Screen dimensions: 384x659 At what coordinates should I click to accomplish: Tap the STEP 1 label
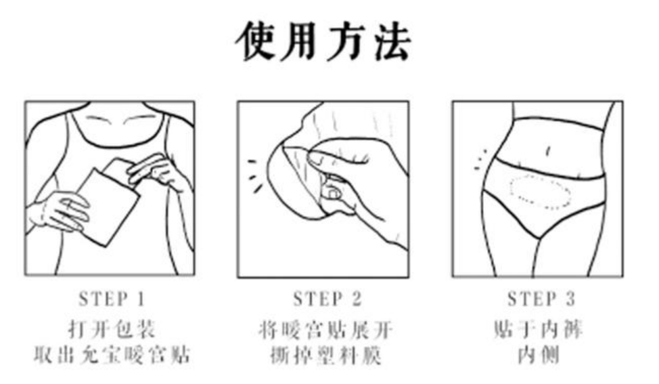point(112,299)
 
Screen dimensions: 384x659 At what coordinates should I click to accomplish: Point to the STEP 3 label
point(542,299)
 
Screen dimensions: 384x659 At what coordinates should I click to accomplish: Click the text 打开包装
point(112,330)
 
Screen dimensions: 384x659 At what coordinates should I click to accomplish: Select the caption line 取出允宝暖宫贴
point(112,355)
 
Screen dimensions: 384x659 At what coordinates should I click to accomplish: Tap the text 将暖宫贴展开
point(325,330)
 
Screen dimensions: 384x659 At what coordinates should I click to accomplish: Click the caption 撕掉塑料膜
point(325,355)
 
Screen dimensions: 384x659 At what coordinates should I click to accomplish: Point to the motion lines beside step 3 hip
point(480,159)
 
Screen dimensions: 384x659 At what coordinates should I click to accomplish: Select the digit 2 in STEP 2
point(357,299)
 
